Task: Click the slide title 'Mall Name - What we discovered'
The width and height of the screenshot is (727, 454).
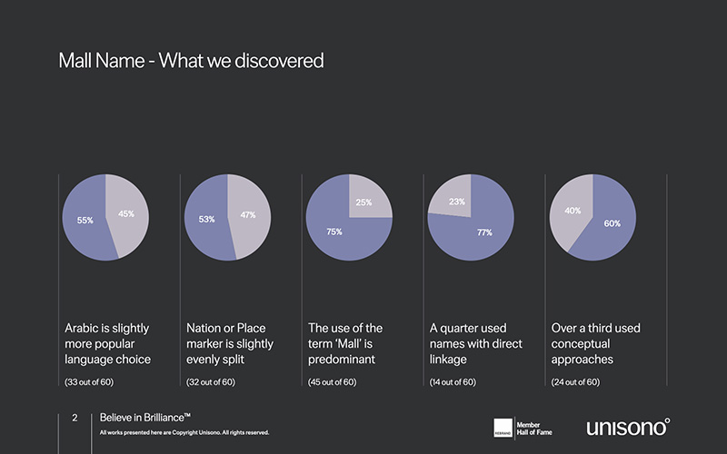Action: click(x=191, y=62)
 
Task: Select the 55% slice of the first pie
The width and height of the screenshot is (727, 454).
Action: click(x=82, y=227)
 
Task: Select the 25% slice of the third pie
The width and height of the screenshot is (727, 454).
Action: click(x=368, y=197)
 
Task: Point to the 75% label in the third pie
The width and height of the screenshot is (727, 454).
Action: click(x=334, y=232)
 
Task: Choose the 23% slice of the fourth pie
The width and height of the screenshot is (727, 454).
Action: click(x=451, y=197)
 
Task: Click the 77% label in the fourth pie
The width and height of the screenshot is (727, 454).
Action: click(x=484, y=232)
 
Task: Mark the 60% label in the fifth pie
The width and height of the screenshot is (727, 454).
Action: click(x=612, y=223)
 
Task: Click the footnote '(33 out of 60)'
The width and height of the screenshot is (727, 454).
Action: click(x=89, y=382)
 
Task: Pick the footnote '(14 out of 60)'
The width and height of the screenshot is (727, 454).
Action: click(x=453, y=382)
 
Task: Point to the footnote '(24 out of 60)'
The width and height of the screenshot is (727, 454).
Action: click(x=575, y=382)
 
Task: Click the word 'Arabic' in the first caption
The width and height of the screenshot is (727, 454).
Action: click(x=84, y=328)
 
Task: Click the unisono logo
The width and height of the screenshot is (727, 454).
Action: click(x=628, y=426)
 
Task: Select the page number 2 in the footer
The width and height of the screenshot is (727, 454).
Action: click(x=75, y=418)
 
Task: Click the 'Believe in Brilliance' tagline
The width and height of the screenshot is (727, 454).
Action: click(x=145, y=418)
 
